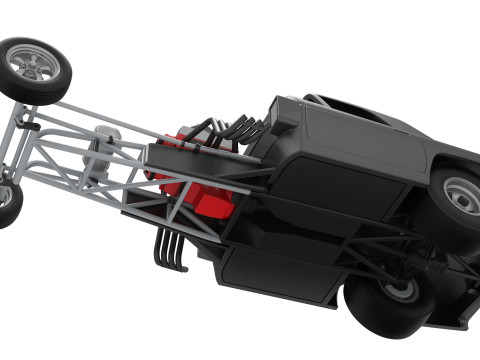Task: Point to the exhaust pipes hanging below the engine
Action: click(x=171, y=250)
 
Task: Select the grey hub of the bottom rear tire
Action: click(x=400, y=291)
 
